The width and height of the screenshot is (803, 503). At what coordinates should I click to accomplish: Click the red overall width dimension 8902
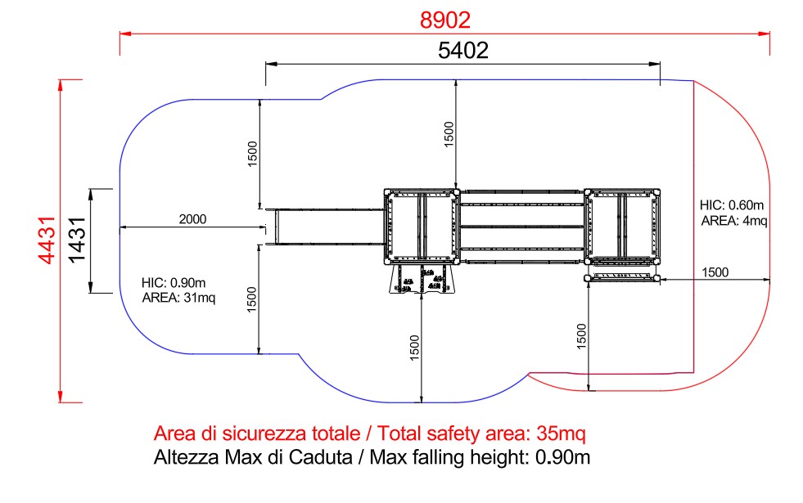pos(445,20)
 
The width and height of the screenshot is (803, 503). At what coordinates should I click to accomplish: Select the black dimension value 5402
pos(463,50)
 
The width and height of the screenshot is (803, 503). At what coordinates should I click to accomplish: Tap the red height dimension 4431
pos(47,240)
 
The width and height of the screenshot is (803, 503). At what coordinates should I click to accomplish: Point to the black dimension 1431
pos(77,240)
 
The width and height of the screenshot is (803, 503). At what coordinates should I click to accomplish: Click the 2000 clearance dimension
pos(192,219)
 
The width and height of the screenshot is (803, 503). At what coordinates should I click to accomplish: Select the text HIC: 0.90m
pos(174,282)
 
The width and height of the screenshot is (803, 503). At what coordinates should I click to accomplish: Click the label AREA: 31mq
pos(178,297)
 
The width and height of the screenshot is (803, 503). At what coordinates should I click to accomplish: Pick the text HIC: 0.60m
pos(732,205)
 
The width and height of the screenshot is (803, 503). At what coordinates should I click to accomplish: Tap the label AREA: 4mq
pos(734,221)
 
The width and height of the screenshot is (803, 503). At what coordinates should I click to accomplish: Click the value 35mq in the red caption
pos(561,433)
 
